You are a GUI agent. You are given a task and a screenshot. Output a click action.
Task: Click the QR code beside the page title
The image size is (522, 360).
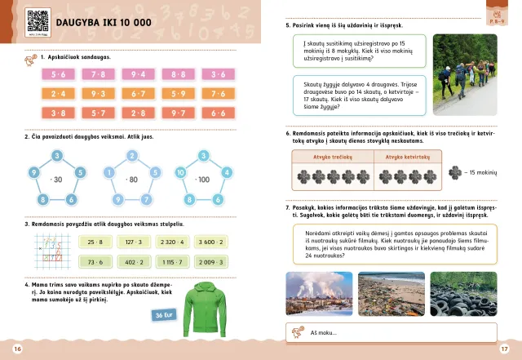(35, 20)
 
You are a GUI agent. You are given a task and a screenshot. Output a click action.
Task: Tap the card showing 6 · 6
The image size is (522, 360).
(218, 113)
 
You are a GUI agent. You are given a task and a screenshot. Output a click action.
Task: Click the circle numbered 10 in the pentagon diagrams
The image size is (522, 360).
(180, 172)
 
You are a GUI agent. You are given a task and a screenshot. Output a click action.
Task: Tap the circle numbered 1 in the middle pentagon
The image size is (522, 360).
(108, 172)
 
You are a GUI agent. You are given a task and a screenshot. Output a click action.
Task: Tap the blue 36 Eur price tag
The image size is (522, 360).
(164, 315)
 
